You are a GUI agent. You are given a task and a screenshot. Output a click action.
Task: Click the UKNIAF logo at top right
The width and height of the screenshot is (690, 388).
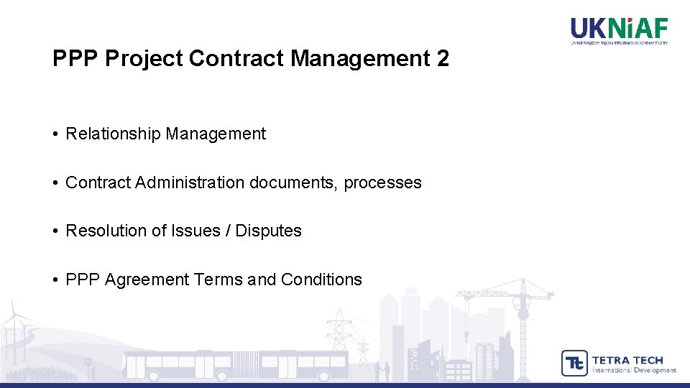pos(619,30)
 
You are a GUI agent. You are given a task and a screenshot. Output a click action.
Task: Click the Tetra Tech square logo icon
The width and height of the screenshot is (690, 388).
pos(574,363)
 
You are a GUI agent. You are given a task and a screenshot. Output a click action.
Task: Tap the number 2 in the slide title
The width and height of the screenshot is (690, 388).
pos(442,59)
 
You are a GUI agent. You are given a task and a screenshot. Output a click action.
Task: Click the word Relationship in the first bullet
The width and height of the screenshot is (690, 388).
pos(113,134)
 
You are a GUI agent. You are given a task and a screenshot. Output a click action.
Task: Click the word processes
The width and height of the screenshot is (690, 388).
pos(382,183)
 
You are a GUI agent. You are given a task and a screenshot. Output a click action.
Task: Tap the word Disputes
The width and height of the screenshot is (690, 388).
pos(269,231)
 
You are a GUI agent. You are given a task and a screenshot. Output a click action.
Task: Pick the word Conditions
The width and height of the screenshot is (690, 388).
pos(321,280)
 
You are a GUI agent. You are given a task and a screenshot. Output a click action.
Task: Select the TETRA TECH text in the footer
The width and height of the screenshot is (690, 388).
pos(627,359)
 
